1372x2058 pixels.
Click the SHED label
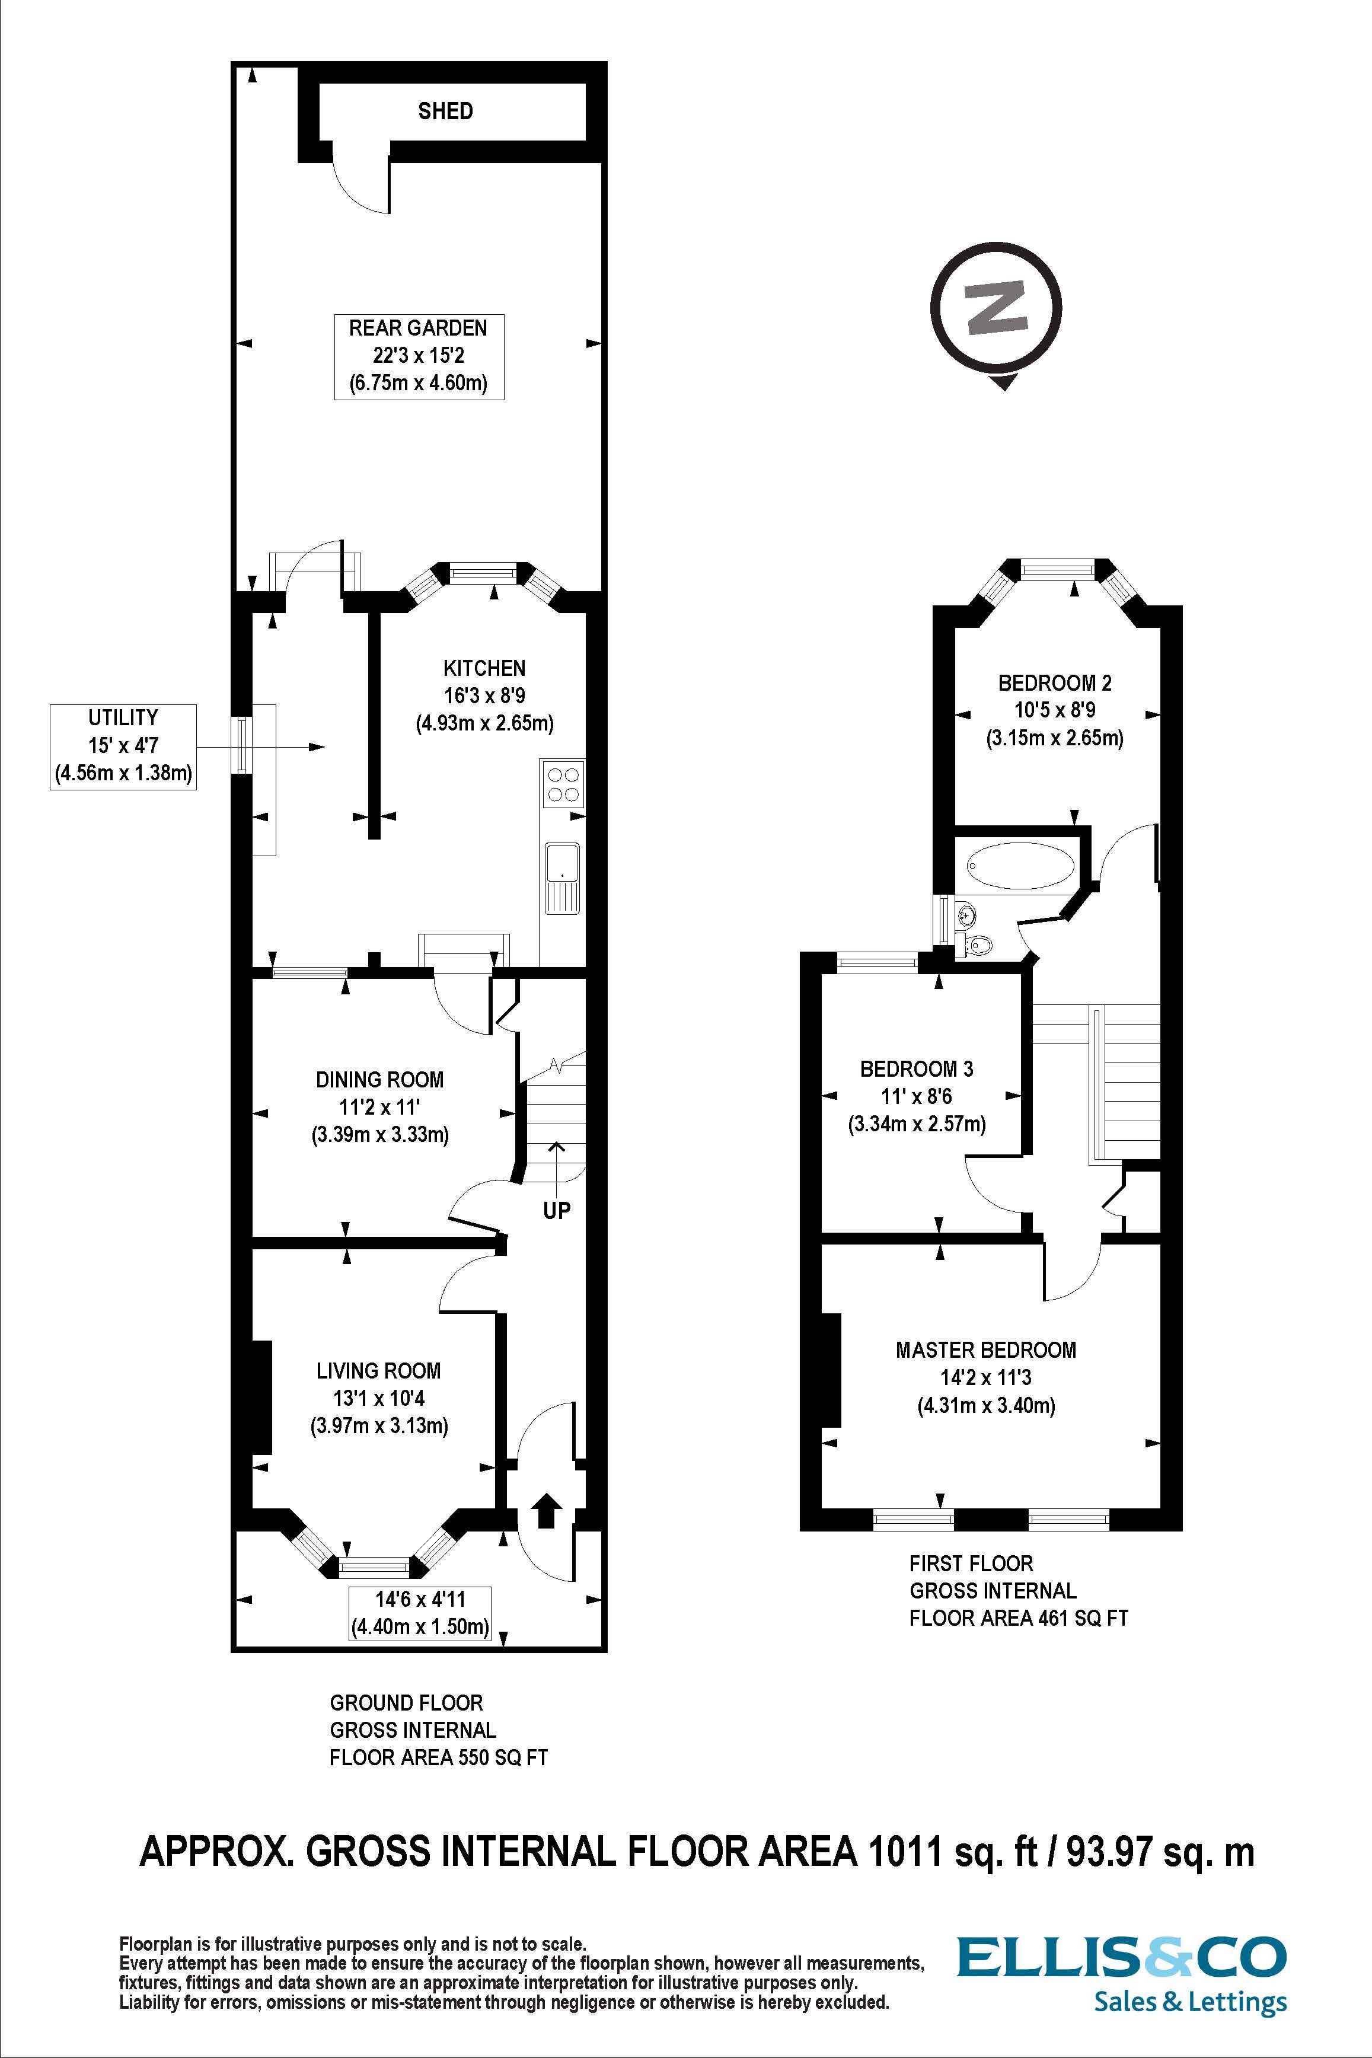[x=445, y=111]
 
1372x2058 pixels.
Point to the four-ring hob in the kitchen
[x=563, y=783]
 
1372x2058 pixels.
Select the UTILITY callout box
[x=123, y=746]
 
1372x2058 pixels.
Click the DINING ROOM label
[x=379, y=1079]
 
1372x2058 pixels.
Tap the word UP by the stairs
[x=557, y=1210]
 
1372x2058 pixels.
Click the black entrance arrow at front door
[x=546, y=1510]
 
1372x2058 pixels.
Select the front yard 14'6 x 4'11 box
[x=419, y=1613]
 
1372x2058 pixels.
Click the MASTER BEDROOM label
[x=986, y=1349]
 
